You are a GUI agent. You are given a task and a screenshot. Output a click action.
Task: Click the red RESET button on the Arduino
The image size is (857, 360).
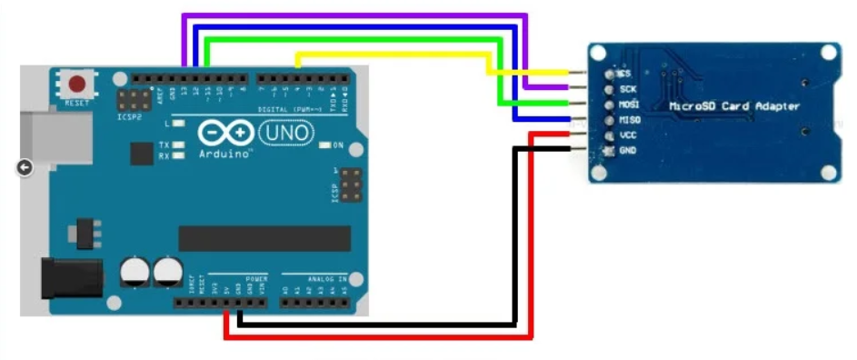click(x=77, y=85)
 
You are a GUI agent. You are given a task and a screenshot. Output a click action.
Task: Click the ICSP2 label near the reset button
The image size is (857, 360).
click(x=129, y=116)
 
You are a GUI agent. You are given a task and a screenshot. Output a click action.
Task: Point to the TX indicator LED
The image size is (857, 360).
click(x=180, y=145)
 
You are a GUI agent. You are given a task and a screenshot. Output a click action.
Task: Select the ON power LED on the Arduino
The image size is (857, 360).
click(x=326, y=145)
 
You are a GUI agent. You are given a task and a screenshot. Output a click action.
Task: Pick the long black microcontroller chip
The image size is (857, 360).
click(x=264, y=238)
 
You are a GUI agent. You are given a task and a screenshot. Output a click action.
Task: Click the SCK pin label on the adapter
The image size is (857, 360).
click(x=627, y=89)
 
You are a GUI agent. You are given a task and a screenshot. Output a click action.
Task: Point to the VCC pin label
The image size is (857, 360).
click(x=627, y=135)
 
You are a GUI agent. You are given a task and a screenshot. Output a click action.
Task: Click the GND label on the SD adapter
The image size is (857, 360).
click(x=627, y=149)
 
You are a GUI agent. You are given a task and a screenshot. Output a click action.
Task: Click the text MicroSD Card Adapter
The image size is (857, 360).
click(x=734, y=106)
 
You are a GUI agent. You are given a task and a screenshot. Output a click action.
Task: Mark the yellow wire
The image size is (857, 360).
click(x=391, y=55)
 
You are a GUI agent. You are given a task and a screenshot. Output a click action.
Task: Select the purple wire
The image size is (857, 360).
click(x=354, y=15)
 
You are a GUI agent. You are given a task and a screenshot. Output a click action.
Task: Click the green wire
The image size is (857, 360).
click(x=354, y=39)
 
